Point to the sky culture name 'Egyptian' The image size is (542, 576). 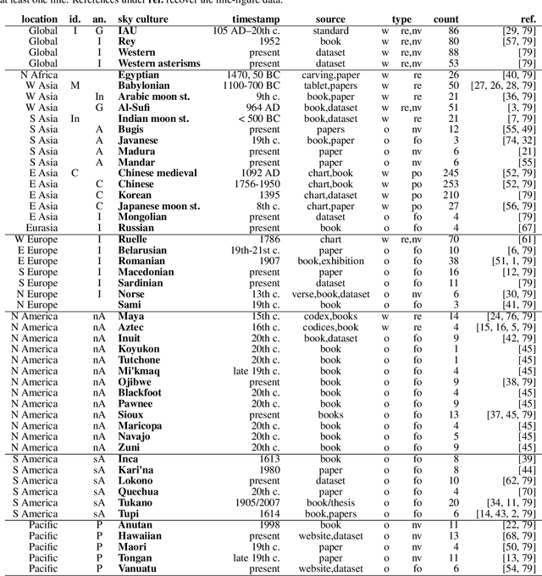coord(139,75)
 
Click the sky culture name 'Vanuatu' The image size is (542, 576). coord(138,568)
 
